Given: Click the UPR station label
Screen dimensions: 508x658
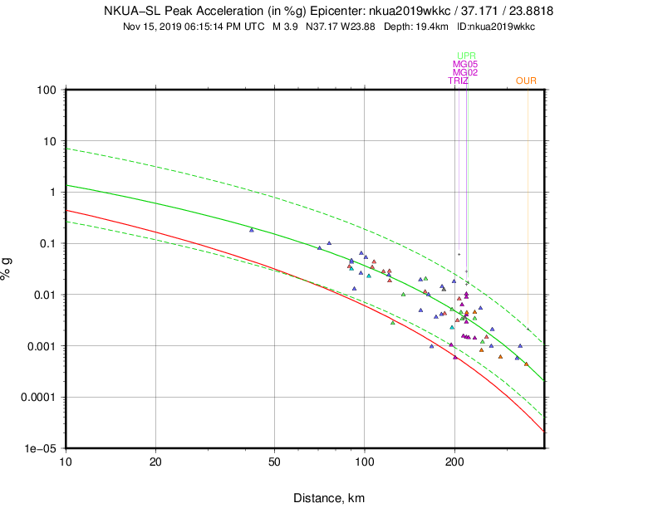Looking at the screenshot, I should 466,56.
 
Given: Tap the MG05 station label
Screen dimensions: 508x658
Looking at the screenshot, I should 464,64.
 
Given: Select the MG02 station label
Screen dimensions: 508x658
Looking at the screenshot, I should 464,72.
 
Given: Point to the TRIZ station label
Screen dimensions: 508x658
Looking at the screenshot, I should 459,81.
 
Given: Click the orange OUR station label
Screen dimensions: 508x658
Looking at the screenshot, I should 526,81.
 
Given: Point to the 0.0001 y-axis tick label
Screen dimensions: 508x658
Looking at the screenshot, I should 39,397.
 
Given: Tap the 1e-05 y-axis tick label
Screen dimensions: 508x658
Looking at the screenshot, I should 42,448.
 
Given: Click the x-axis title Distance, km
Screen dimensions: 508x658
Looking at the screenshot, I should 328,498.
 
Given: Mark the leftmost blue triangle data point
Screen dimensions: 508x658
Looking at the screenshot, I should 252,230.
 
